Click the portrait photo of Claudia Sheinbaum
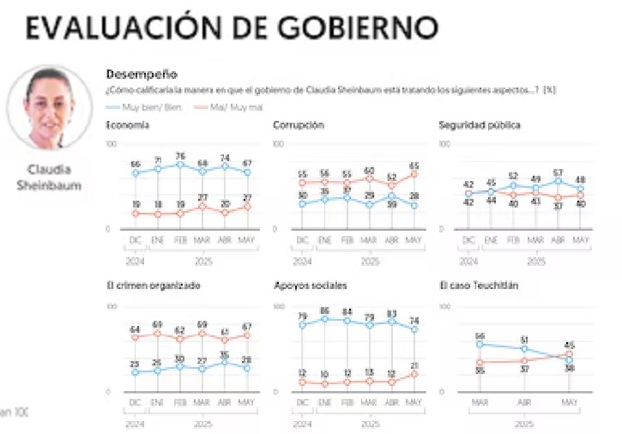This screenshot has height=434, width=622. click(x=49, y=108)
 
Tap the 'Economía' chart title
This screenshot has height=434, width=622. click(x=128, y=125)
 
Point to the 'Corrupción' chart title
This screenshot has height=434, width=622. click(x=298, y=125)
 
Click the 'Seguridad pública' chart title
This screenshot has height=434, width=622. click(x=480, y=125)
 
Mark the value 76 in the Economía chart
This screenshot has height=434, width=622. click(x=181, y=156)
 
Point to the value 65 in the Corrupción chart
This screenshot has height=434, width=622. click(x=414, y=166)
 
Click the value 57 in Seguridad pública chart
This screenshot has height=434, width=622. click(x=558, y=172)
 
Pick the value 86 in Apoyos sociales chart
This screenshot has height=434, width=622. click(x=325, y=310)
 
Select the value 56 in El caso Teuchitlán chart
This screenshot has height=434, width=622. click(x=480, y=335)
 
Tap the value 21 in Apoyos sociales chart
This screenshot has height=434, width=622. click(x=414, y=365)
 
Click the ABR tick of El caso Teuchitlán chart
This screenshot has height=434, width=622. click(x=523, y=401)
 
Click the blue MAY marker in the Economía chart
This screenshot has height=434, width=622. click(x=247, y=172)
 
